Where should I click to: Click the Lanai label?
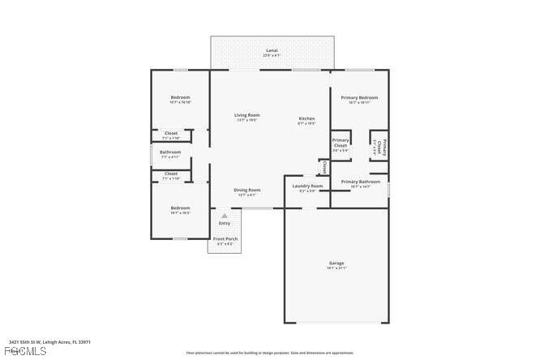point(272,51)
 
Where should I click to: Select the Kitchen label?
point(306,119)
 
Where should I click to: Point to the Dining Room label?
point(247,191)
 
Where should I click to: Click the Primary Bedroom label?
point(359,99)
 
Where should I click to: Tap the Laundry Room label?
point(306,186)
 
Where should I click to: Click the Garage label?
point(336,264)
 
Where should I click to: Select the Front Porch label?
point(225,240)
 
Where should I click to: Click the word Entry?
point(225,223)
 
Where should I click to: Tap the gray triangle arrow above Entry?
point(225,215)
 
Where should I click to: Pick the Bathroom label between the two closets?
point(170,152)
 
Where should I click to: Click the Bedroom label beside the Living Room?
point(180,99)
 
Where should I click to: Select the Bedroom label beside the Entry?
point(180,209)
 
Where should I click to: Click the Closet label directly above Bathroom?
point(171,134)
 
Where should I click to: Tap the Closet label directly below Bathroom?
point(171,174)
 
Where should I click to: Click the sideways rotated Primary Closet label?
point(379,146)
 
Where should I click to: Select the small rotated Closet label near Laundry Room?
point(324,167)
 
